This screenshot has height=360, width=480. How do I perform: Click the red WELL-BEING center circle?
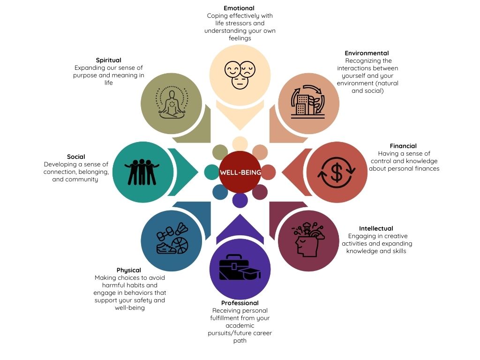[x=240, y=172]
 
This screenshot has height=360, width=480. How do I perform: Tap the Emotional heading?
[x=239, y=8]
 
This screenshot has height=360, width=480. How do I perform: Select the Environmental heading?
[x=367, y=53]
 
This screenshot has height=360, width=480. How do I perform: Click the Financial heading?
[x=403, y=146]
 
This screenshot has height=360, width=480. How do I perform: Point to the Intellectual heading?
[x=376, y=229]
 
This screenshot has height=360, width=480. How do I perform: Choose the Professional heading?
[x=240, y=303]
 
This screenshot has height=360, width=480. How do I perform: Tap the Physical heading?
[x=129, y=270]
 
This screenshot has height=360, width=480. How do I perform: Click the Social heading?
[x=76, y=157]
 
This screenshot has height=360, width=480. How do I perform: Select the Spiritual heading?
[x=108, y=60]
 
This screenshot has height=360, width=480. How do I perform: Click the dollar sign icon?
[x=337, y=172]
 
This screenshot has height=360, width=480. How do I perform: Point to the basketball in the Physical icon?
[x=182, y=245]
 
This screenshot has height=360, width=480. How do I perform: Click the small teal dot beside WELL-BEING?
[x=211, y=172]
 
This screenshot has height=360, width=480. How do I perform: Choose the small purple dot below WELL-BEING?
[x=240, y=200]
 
